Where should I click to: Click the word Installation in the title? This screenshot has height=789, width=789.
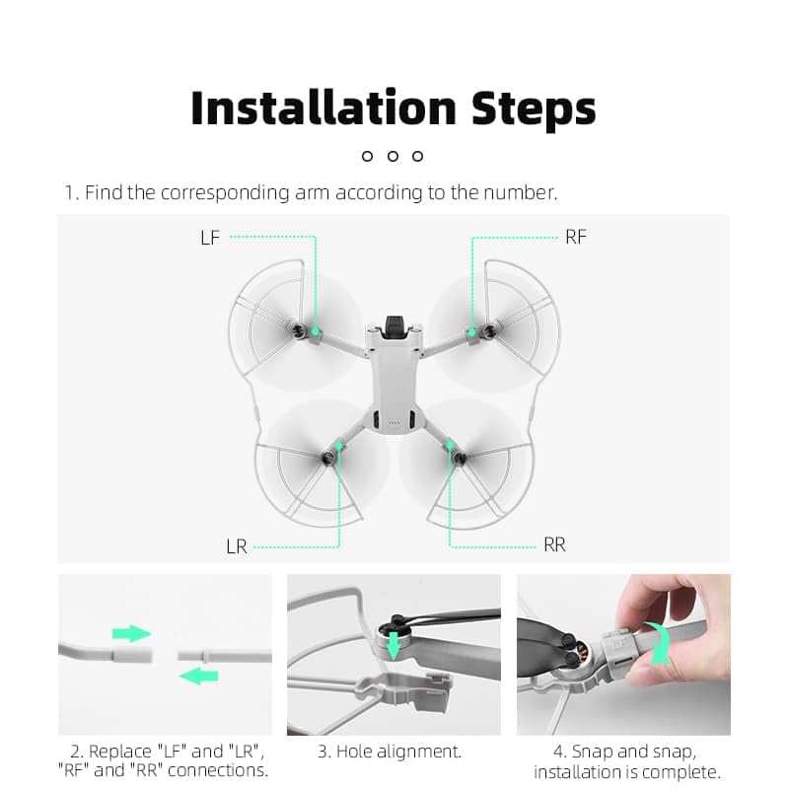click(x=323, y=108)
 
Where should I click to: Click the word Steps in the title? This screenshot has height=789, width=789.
click(x=534, y=110)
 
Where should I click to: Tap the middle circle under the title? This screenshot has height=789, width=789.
click(x=393, y=156)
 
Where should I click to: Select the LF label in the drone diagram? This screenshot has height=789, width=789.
click(x=210, y=238)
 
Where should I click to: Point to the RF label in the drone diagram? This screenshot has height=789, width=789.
click(x=576, y=237)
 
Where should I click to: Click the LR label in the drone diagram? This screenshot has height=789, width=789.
click(x=237, y=546)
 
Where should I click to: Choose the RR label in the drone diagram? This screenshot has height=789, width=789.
click(x=554, y=544)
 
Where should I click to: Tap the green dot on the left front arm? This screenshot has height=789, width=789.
click(x=315, y=331)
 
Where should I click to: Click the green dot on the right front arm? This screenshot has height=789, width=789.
click(x=472, y=331)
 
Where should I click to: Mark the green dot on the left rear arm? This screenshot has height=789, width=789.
click(x=339, y=446)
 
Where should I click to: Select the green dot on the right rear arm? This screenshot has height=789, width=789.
click(x=450, y=445)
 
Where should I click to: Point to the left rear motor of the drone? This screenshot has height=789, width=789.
click(x=328, y=458)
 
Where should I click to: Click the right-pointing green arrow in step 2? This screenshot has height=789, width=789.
click(x=131, y=633)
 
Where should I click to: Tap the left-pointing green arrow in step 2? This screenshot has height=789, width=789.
click(x=199, y=676)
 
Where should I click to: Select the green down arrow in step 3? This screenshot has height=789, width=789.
click(x=394, y=646)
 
